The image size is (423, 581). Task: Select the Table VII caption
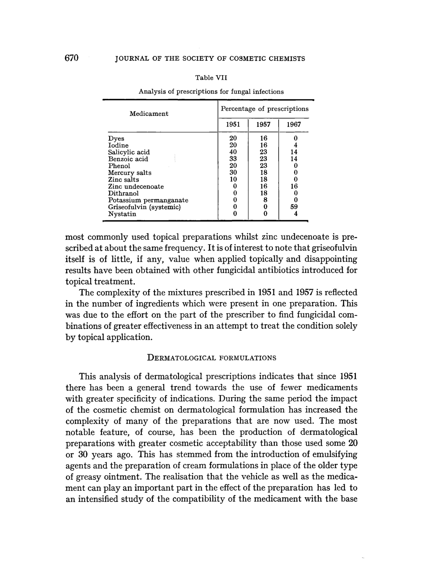tap(211, 77)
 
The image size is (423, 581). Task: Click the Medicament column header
tap(149, 114)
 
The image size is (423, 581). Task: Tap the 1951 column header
tap(233, 125)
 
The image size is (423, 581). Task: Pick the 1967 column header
tap(294, 125)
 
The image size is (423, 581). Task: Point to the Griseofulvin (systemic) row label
tap(144, 207)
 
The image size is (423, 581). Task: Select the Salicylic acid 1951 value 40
tap(233, 152)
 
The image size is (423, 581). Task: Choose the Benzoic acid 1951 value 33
tap(233, 159)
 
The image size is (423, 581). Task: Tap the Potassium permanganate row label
tap(148, 200)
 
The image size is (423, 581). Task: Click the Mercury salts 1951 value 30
tap(233, 173)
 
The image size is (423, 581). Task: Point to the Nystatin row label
tap(122, 214)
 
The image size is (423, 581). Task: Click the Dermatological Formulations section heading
tap(212, 358)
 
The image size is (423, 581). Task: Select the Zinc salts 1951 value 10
tap(233, 180)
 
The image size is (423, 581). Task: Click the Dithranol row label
tap(123, 193)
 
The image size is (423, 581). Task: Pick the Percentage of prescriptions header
tap(265, 109)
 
